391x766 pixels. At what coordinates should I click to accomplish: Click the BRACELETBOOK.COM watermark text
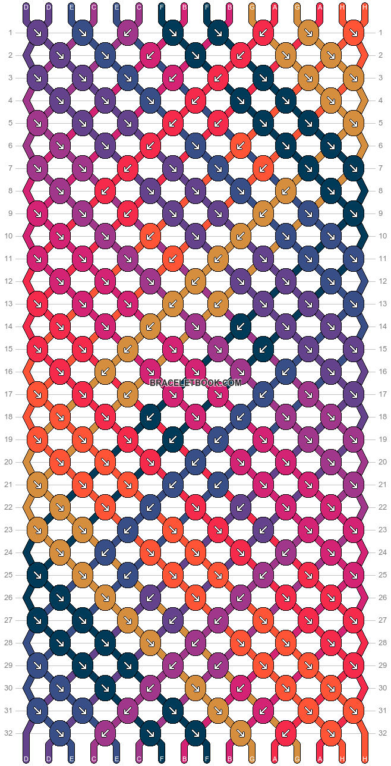coord(195,383)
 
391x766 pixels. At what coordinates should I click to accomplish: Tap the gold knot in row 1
coord(308,33)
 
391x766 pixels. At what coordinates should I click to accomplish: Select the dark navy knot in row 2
coord(195,55)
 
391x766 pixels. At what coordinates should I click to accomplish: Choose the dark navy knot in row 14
coord(240,327)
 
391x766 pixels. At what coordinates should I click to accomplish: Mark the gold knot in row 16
coord(105,372)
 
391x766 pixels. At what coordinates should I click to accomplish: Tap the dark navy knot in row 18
coord(150,417)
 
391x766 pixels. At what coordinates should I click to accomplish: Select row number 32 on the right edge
coord(381,733)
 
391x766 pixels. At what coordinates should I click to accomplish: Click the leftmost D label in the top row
coord(26,7)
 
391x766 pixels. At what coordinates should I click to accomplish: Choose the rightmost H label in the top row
coord(365,7)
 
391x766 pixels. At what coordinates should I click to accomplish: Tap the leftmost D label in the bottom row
coord(26,759)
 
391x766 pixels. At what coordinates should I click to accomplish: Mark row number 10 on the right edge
coord(381,236)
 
